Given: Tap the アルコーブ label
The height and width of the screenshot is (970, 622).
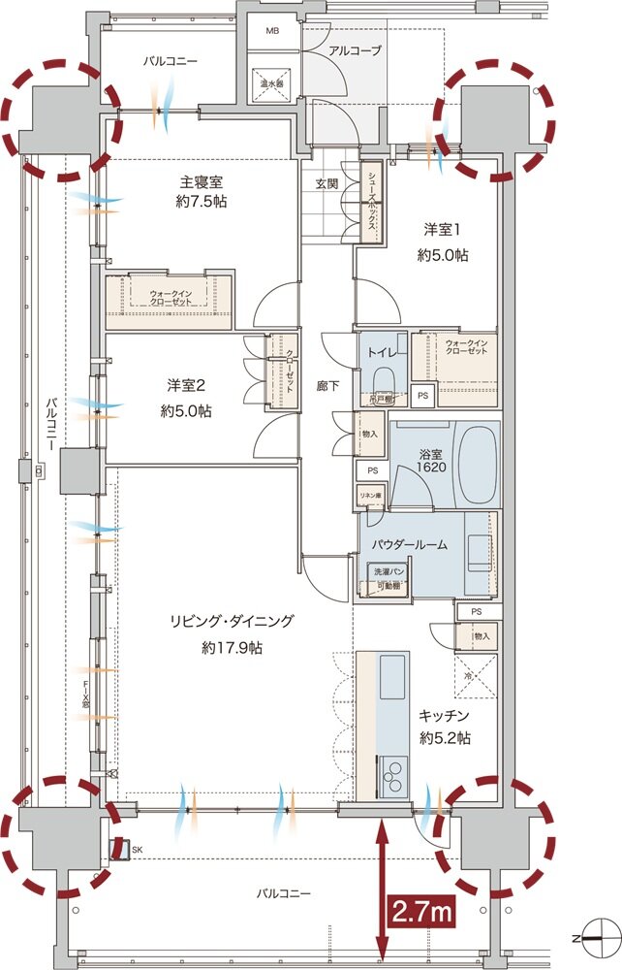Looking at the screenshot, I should click(356, 50).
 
